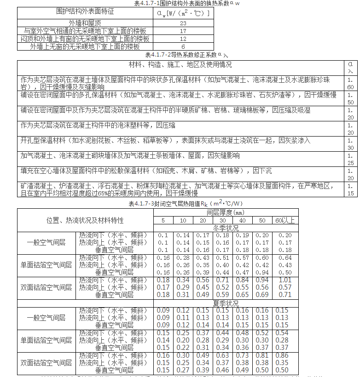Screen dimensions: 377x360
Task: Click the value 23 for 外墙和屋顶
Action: (x=183, y=23)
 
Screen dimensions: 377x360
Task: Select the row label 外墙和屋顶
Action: (x=85, y=23)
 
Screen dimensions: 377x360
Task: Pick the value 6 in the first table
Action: (x=183, y=47)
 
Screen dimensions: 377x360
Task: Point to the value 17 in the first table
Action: (x=183, y=31)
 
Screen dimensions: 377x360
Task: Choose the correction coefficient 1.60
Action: (x=350, y=83)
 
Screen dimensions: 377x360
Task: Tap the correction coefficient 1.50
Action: (x=350, y=98)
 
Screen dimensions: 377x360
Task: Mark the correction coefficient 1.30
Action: (x=350, y=144)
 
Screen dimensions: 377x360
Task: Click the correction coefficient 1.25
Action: (x=350, y=159)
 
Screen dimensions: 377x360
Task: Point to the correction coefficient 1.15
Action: (x=350, y=189)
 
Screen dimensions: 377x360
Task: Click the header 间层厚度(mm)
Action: (x=226, y=213)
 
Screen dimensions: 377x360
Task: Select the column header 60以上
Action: (x=285, y=221)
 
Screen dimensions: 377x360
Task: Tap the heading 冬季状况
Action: (x=226, y=228)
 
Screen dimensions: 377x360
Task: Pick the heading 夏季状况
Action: (x=226, y=304)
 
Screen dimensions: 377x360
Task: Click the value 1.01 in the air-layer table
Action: (x=285, y=280)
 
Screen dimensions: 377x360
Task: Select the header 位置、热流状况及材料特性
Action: (x=85, y=220)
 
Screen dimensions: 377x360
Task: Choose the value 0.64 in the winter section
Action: (x=285, y=258)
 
